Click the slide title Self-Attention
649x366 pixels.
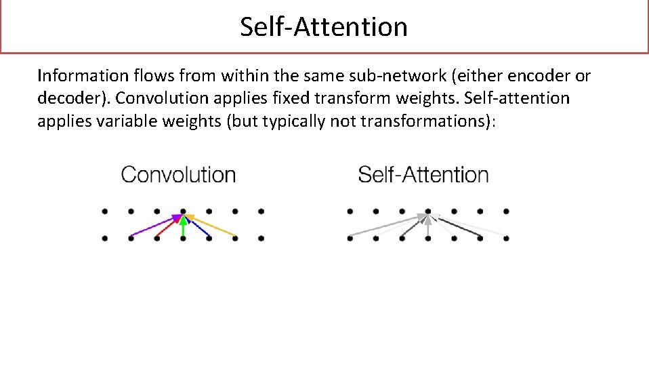[324, 27]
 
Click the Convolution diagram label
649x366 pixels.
[178, 175]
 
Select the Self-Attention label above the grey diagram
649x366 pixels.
[423, 175]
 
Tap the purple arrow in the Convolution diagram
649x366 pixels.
[154, 226]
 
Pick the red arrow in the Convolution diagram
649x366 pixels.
[168, 227]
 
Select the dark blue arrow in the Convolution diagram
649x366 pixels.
[198, 227]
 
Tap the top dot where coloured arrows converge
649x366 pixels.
[183, 211]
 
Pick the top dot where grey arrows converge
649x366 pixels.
[428, 211]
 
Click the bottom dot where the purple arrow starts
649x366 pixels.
[131, 238]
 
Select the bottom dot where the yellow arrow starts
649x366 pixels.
[236, 238]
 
